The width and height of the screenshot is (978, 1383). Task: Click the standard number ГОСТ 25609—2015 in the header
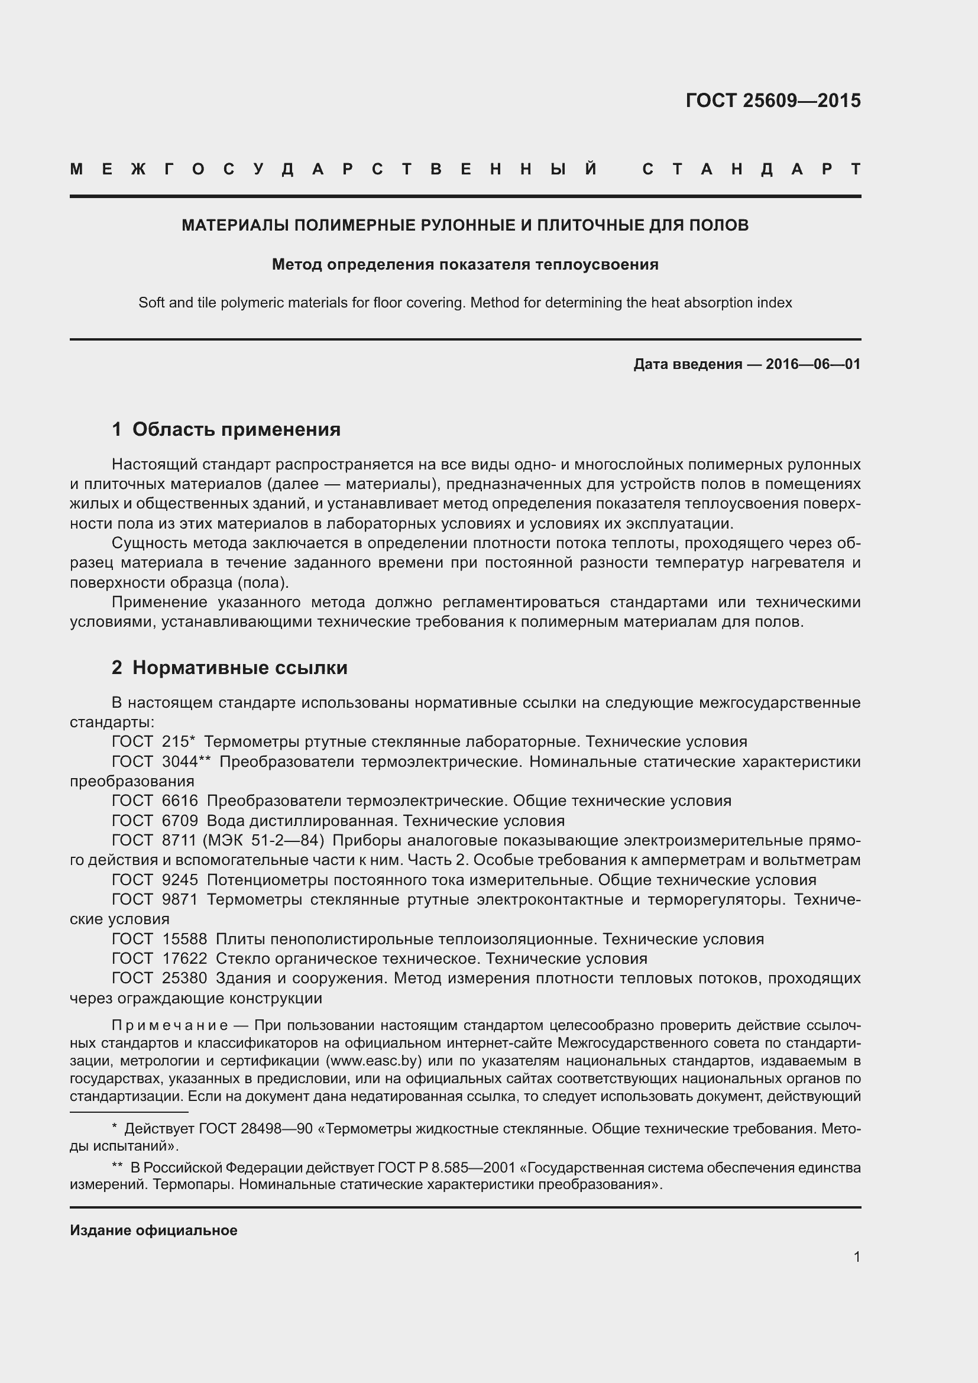point(773,101)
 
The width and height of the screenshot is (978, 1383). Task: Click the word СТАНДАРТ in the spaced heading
point(751,169)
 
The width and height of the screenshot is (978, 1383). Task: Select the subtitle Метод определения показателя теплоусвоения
point(465,264)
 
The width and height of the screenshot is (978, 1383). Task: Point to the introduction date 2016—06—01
point(813,364)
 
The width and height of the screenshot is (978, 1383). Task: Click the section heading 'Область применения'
point(236,429)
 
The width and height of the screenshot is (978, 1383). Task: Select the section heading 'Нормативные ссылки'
point(239,668)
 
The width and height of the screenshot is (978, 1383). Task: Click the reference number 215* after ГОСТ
point(178,741)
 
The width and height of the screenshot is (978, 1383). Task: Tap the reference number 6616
point(180,801)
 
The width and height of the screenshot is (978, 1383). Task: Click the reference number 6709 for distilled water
point(180,821)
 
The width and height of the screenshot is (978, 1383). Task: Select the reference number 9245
point(180,880)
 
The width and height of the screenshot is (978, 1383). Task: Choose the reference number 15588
point(184,939)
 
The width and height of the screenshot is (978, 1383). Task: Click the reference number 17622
point(184,958)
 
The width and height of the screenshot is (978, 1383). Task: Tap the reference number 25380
point(184,978)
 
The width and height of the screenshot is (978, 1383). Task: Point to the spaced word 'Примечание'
point(170,1025)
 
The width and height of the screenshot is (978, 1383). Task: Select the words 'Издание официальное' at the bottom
point(154,1230)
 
